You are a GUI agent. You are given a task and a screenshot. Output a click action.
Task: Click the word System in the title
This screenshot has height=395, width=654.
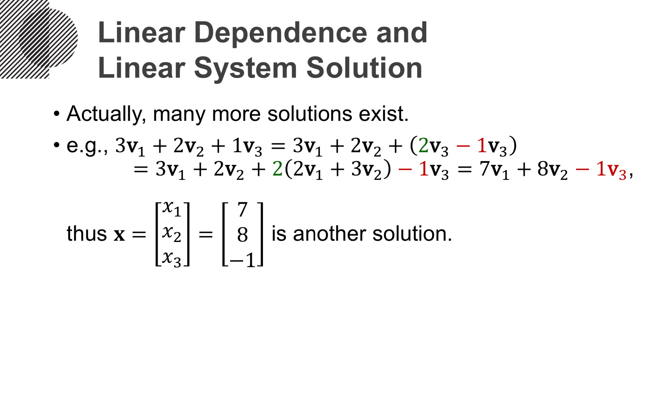[245, 69]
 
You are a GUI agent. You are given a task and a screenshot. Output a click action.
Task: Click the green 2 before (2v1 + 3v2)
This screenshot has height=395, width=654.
[277, 169]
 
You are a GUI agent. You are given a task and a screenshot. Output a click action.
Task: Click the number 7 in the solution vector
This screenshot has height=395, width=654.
[242, 210]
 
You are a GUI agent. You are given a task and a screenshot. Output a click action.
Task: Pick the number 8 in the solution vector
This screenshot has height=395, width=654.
[242, 234]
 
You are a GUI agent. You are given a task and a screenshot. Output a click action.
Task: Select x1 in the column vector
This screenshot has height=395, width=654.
[172, 209]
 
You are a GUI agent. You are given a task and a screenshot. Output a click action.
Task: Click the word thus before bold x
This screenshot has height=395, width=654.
[87, 234]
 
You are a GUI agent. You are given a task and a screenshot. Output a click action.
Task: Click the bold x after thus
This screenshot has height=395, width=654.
[119, 234]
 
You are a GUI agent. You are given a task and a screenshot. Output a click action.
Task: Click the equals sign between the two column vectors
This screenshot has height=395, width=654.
[206, 234]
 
